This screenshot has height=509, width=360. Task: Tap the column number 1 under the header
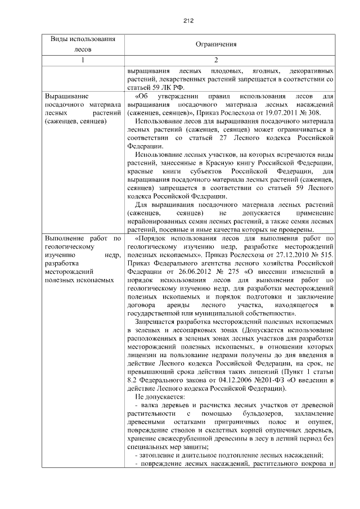pyautogui.click(x=82, y=60)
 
